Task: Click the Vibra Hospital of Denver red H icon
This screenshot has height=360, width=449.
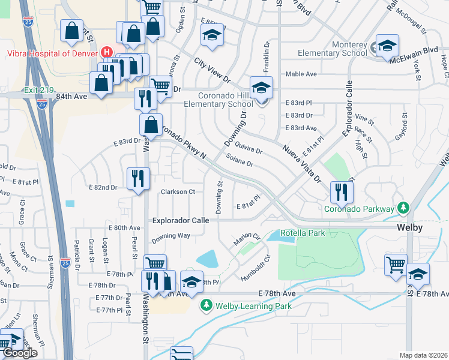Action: (x=107, y=52)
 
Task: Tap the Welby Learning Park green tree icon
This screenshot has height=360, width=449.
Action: (x=206, y=306)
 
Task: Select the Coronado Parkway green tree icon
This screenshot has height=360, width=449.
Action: (x=404, y=208)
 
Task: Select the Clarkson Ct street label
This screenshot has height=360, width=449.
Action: (x=178, y=192)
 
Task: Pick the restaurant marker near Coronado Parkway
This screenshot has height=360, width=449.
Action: (x=342, y=192)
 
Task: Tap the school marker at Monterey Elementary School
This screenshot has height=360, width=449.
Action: (x=387, y=46)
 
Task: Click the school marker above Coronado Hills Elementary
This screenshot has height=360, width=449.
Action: (x=261, y=88)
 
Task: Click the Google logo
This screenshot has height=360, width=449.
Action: (x=20, y=353)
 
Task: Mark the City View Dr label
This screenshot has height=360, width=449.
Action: (x=212, y=70)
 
